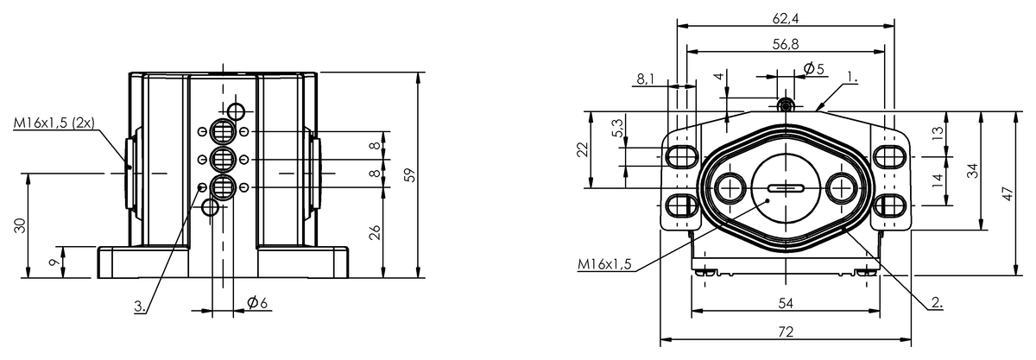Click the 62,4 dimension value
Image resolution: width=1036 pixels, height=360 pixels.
(786, 18)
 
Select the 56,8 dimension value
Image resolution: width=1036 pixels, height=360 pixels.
(786, 44)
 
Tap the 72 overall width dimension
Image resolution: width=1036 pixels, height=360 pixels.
(786, 332)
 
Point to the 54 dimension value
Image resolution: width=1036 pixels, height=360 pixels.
(786, 304)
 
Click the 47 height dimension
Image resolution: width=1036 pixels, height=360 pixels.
(1008, 193)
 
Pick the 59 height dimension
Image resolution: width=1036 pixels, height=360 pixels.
(410, 175)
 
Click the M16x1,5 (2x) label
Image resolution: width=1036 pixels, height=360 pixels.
(54, 123)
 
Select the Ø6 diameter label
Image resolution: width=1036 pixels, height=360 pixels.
(257, 303)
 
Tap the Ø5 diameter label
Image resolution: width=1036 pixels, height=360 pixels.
(814, 69)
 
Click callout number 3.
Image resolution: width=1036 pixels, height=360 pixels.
(140, 306)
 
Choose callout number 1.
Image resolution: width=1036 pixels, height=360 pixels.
(852, 78)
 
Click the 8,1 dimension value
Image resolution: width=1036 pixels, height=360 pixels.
(646, 79)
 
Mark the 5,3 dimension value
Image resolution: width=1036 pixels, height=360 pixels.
(617, 127)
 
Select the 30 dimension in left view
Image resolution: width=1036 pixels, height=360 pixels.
(21, 225)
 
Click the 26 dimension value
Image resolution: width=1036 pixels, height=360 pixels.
(376, 232)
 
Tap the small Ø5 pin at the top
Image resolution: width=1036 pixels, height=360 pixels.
(786, 106)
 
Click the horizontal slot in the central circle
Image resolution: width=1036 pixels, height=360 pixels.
(786, 188)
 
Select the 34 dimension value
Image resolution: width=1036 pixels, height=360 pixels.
(973, 171)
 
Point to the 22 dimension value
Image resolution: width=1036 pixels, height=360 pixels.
(583, 149)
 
